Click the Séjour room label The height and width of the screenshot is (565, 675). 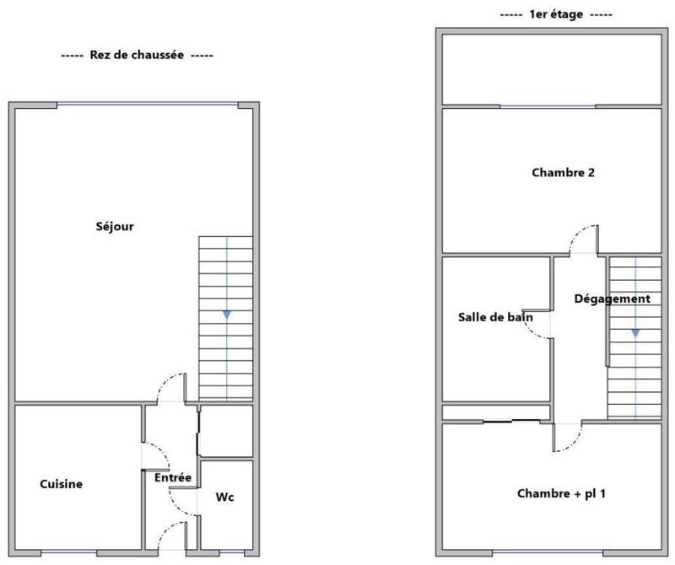[x=116, y=227]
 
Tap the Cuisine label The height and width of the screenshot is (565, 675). [x=62, y=484]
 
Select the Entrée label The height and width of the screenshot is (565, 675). [x=173, y=478]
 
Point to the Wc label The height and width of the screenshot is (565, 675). [x=224, y=497]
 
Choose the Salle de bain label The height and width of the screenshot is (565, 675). [x=496, y=317]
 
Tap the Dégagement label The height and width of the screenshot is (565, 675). [x=612, y=299]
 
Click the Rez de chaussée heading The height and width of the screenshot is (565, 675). [x=138, y=56]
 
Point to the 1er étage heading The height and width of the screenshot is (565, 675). [x=556, y=15]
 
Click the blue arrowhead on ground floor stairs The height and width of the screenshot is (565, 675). [x=226, y=315]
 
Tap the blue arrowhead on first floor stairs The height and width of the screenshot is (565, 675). [x=635, y=332]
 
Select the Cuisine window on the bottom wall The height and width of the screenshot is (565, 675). [x=68, y=552]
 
